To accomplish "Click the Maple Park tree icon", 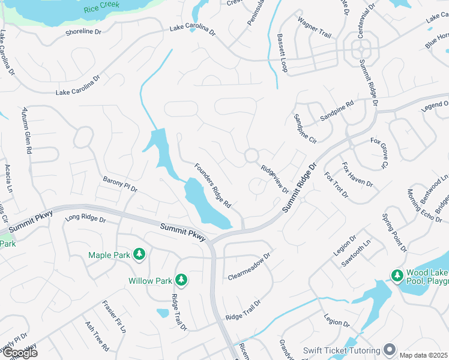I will pos(139,255).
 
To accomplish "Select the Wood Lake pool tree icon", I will pos(397,275).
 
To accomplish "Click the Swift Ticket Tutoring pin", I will pos(390,350).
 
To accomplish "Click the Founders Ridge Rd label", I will pos(212,185).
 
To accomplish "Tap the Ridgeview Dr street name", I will pos(275,179).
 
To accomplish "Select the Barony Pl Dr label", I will pos(120,184).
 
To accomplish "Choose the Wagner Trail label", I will pos(314,27).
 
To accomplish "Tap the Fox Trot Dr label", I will pos(336,185).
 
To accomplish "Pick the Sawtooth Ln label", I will pos(356,253).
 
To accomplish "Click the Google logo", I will pos(20,353).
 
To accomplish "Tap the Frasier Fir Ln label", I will pos(114,317).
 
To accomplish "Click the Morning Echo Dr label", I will pos(416,207).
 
